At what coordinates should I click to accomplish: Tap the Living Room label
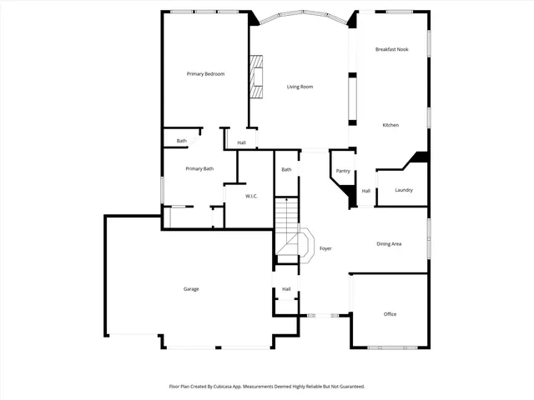(x=300, y=87)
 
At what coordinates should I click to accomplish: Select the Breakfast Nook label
(x=390, y=50)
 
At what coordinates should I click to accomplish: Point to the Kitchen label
(x=390, y=125)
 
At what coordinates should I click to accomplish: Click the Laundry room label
(x=404, y=190)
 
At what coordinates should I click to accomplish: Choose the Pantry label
(x=343, y=171)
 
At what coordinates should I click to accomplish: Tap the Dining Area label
(x=389, y=244)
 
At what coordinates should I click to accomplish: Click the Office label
(x=390, y=314)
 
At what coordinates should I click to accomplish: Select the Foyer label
(x=325, y=248)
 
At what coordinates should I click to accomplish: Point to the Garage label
(x=191, y=289)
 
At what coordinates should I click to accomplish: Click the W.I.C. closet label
(x=251, y=196)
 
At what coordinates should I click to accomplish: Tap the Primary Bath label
(x=199, y=169)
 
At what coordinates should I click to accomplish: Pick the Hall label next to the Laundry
(x=365, y=191)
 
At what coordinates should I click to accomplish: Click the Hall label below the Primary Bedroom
(x=241, y=142)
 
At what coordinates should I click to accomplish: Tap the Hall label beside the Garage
(x=286, y=289)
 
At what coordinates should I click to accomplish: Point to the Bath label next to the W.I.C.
(x=286, y=170)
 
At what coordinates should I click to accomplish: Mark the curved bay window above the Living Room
(x=300, y=15)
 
